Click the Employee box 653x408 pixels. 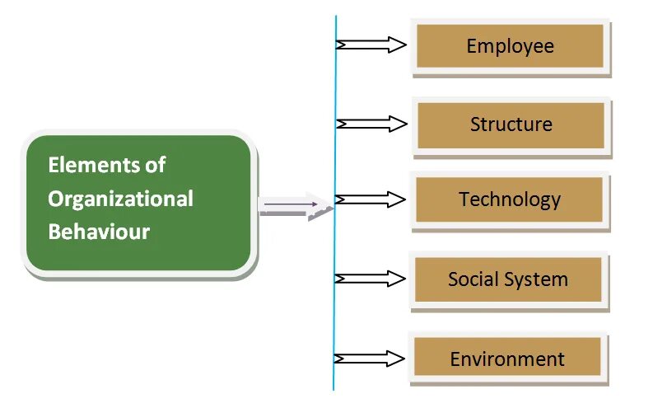pyautogui.click(x=511, y=46)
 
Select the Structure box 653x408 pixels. pyautogui.click(x=511, y=125)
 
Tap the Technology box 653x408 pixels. pyautogui.click(x=510, y=199)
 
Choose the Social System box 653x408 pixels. pyautogui.click(x=508, y=279)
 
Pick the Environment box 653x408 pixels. pyautogui.click(x=507, y=359)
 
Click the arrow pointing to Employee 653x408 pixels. pyautogui.click(x=371, y=45)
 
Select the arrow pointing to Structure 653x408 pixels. pyautogui.click(x=371, y=124)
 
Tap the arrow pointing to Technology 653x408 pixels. pyautogui.click(x=371, y=199)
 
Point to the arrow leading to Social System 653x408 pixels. pyautogui.click(x=371, y=279)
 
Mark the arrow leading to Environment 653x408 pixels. pyautogui.click(x=371, y=358)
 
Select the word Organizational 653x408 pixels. pyautogui.click(x=120, y=199)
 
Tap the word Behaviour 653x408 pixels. pyautogui.click(x=99, y=232)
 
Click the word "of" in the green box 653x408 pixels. pyautogui.click(x=155, y=165)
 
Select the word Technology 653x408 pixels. pyautogui.click(x=510, y=199)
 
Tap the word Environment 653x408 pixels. pyautogui.click(x=507, y=359)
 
